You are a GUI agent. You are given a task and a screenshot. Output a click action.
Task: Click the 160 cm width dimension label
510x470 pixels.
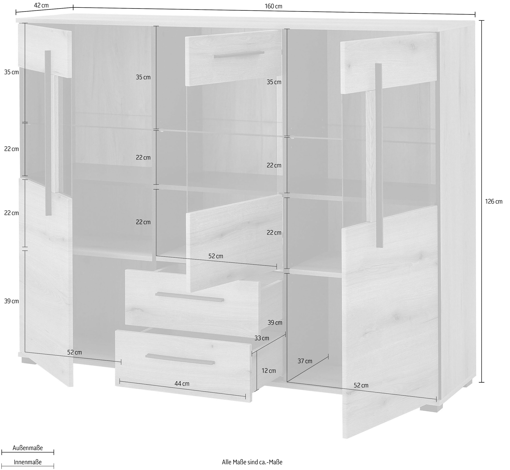[273, 6]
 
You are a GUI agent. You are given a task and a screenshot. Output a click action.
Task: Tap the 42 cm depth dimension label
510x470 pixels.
[41, 5]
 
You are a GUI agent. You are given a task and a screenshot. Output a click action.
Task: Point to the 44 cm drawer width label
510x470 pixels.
[182, 383]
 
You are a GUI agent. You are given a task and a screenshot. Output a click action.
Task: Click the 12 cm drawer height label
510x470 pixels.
[269, 370]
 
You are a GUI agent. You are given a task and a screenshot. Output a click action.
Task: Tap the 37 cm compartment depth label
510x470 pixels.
[305, 361]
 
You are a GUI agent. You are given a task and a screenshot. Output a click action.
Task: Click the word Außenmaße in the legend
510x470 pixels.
[28, 448]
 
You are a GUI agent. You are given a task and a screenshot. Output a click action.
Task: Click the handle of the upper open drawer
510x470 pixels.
[190, 297]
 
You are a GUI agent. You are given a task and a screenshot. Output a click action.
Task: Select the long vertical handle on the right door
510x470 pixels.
[379, 155]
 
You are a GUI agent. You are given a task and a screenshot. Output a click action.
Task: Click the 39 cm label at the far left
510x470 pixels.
[11, 301]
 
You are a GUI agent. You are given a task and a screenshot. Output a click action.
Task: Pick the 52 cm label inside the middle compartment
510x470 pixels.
[216, 256]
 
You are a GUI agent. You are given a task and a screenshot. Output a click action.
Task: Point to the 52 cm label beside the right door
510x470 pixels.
[361, 385]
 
